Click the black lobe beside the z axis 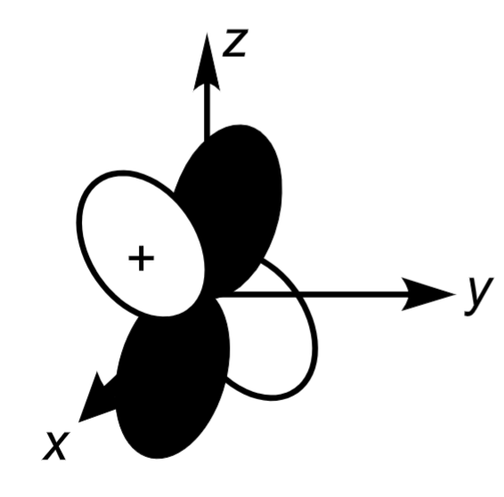point(233,204)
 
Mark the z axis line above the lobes point(207,107)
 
